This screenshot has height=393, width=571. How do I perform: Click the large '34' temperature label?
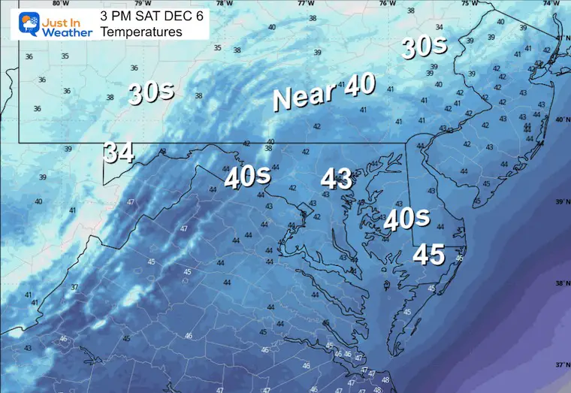tap(119, 153)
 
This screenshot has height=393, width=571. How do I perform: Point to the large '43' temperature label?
tap(337, 179)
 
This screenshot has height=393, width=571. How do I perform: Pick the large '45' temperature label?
tap(428, 255)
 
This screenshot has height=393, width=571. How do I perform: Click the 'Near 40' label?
tap(324, 92)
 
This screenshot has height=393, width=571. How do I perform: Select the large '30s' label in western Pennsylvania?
tap(151, 92)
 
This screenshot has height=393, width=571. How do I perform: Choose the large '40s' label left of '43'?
tap(247, 177)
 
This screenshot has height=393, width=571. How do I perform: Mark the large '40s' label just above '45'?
tap(406, 219)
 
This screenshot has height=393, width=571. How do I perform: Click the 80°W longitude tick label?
tap(71, 3)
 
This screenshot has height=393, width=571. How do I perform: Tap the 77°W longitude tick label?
tap(305, 3)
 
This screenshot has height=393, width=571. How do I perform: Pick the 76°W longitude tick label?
tap(387, 3)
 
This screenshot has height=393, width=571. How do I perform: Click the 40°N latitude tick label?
tap(561, 120)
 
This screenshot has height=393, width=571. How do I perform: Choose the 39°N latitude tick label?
tap(561, 202)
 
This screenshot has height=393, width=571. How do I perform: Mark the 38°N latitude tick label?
tap(561, 284)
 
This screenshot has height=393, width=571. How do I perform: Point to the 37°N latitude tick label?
tap(561, 365)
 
